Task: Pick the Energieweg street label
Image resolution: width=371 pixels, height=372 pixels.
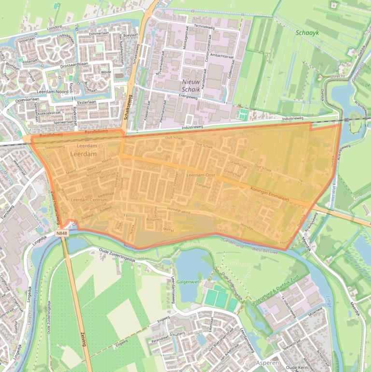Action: (190, 96)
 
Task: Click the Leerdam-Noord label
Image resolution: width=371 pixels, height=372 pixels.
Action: (52, 91)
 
